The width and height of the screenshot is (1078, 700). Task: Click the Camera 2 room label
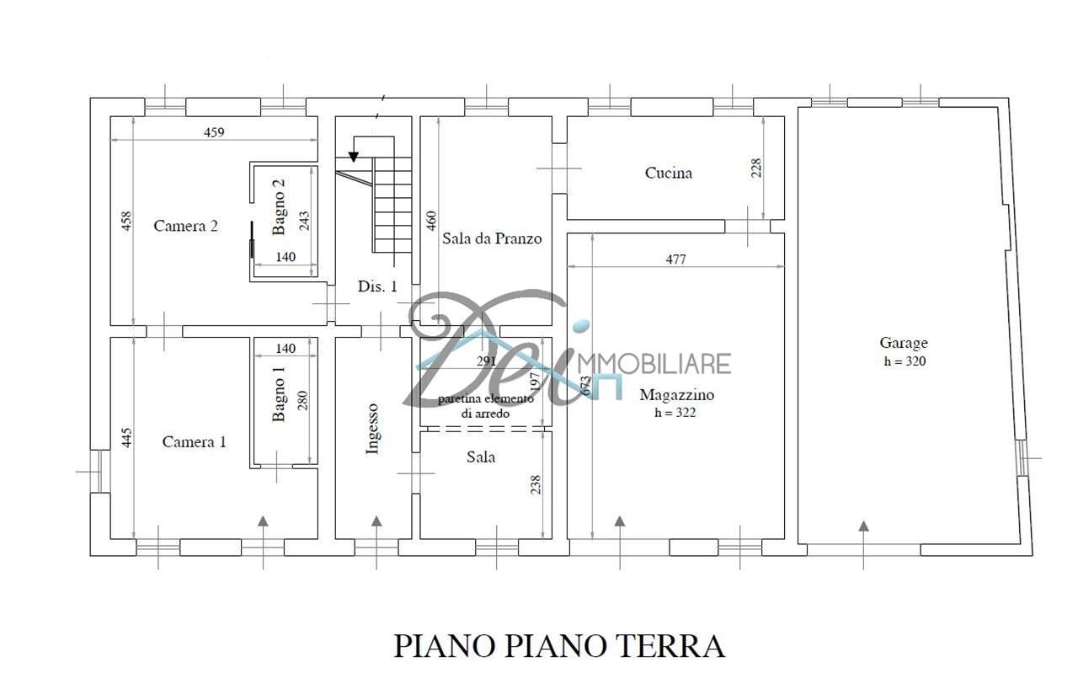click(x=185, y=226)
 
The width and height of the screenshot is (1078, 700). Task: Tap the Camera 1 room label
click(x=194, y=442)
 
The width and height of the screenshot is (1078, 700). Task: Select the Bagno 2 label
click(x=279, y=207)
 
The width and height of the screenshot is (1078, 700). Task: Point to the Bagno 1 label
click(x=279, y=394)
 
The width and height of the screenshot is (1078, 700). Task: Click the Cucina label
click(x=669, y=173)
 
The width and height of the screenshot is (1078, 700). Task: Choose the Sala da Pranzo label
click(x=492, y=238)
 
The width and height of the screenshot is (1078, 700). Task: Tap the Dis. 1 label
click(x=377, y=286)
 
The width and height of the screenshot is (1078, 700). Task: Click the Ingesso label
click(x=372, y=429)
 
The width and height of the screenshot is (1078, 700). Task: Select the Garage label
click(x=904, y=343)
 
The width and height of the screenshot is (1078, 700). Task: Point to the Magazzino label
click(x=676, y=395)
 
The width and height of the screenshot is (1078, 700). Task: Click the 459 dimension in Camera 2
click(x=214, y=132)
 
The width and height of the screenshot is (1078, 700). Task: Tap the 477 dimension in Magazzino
click(x=675, y=259)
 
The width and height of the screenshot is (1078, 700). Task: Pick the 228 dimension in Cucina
click(x=756, y=168)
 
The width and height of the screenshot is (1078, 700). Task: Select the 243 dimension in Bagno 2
click(x=304, y=221)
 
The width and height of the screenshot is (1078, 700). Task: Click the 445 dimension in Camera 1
click(x=126, y=438)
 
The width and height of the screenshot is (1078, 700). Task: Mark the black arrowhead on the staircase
click(x=354, y=157)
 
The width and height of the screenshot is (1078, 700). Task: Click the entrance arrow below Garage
click(x=864, y=546)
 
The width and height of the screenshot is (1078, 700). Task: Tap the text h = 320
click(x=905, y=361)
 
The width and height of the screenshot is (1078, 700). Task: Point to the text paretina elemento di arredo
click(x=485, y=406)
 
